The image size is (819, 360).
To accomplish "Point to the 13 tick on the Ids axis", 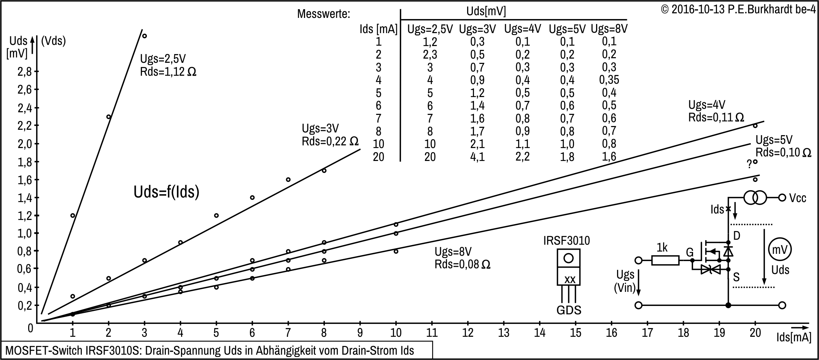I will (x=504, y=333).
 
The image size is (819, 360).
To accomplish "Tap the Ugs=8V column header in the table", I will (x=609, y=29).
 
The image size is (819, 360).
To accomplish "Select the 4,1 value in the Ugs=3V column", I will (x=477, y=157).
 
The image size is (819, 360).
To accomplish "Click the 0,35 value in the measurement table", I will (x=609, y=80).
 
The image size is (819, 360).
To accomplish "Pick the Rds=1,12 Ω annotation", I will (x=168, y=72).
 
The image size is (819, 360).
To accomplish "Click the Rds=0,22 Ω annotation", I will (x=330, y=142).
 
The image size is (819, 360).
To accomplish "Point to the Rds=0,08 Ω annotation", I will (x=462, y=264).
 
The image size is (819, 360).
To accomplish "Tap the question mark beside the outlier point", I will (x=749, y=164).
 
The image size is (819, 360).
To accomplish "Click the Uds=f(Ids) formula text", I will (x=166, y=192).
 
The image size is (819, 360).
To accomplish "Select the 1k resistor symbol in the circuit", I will (x=665, y=260).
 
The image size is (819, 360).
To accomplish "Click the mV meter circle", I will (x=780, y=250).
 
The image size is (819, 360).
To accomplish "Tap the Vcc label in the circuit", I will (x=797, y=198).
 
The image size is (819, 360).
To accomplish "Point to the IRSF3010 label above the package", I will (x=566, y=241).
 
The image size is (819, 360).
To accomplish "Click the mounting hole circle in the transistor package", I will (x=568, y=258).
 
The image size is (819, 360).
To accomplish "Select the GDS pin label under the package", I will (x=569, y=310).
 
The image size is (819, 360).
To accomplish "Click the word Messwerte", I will (x=323, y=14).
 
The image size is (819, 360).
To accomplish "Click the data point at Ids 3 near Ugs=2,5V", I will (x=144, y=36).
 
